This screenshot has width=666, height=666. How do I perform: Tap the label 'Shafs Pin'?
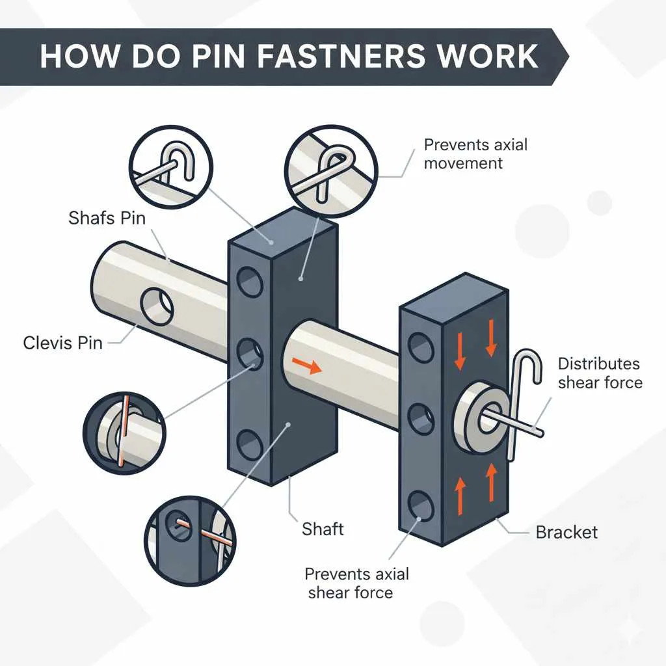[107, 218]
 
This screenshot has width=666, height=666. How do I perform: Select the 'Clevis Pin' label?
[62, 342]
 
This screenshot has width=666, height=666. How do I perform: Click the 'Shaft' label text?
[323, 528]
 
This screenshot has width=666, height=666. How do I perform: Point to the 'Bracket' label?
[566, 532]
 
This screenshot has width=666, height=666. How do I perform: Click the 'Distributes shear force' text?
[600, 373]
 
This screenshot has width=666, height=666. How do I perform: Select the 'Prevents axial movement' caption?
[475, 153]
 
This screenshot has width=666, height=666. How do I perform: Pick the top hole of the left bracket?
[247, 282]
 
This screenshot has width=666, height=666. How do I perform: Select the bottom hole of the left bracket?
[248, 446]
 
